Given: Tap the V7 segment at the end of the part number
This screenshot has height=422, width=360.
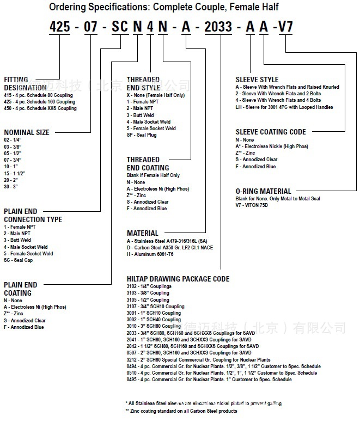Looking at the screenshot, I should pyautogui.click(x=286, y=27).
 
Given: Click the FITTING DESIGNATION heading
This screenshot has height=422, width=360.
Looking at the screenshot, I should pyautogui.click(x=25, y=83).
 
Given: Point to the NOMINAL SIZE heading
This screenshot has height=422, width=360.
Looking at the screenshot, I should pyautogui.click(x=27, y=132).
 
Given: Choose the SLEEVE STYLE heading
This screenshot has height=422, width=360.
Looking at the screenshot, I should pyautogui.click(x=257, y=79).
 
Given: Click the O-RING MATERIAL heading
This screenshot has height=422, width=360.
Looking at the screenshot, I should pyautogui.click(x=264, y=192).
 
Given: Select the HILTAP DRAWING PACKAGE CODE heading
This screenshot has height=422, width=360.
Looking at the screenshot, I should pyautogui.click(x=178, y=279).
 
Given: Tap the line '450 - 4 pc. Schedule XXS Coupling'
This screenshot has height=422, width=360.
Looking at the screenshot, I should pyautogui.click(x=40, y=108).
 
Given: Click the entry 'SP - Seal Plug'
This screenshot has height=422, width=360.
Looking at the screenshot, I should pyautogui.click(x=142, y=135).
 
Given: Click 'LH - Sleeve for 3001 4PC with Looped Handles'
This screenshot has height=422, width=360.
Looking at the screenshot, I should pyautogui.click(x=284, y=107).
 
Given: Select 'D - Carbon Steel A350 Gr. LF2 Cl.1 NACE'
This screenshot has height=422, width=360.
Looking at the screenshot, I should pyautogui.click(x=170, y=248).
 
